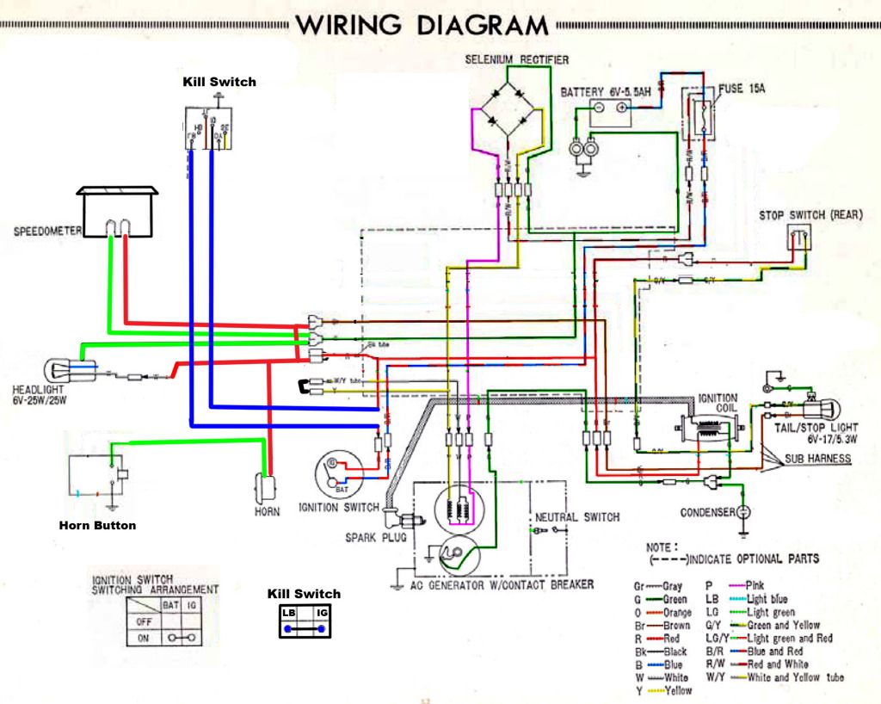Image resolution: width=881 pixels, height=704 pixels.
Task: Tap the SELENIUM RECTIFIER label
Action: click(516, 59)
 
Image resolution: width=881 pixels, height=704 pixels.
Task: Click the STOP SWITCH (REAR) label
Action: click(810, 214)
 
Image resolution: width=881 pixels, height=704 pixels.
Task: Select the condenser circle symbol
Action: click(744, 512)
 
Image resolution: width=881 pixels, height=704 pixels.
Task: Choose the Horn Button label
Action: click(97, 525)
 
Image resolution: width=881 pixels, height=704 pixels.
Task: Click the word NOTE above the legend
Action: click(661, 547)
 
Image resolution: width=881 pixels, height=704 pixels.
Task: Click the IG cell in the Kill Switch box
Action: click(321, 613)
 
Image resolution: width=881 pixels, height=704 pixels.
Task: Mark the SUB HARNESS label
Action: click(817, 460)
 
